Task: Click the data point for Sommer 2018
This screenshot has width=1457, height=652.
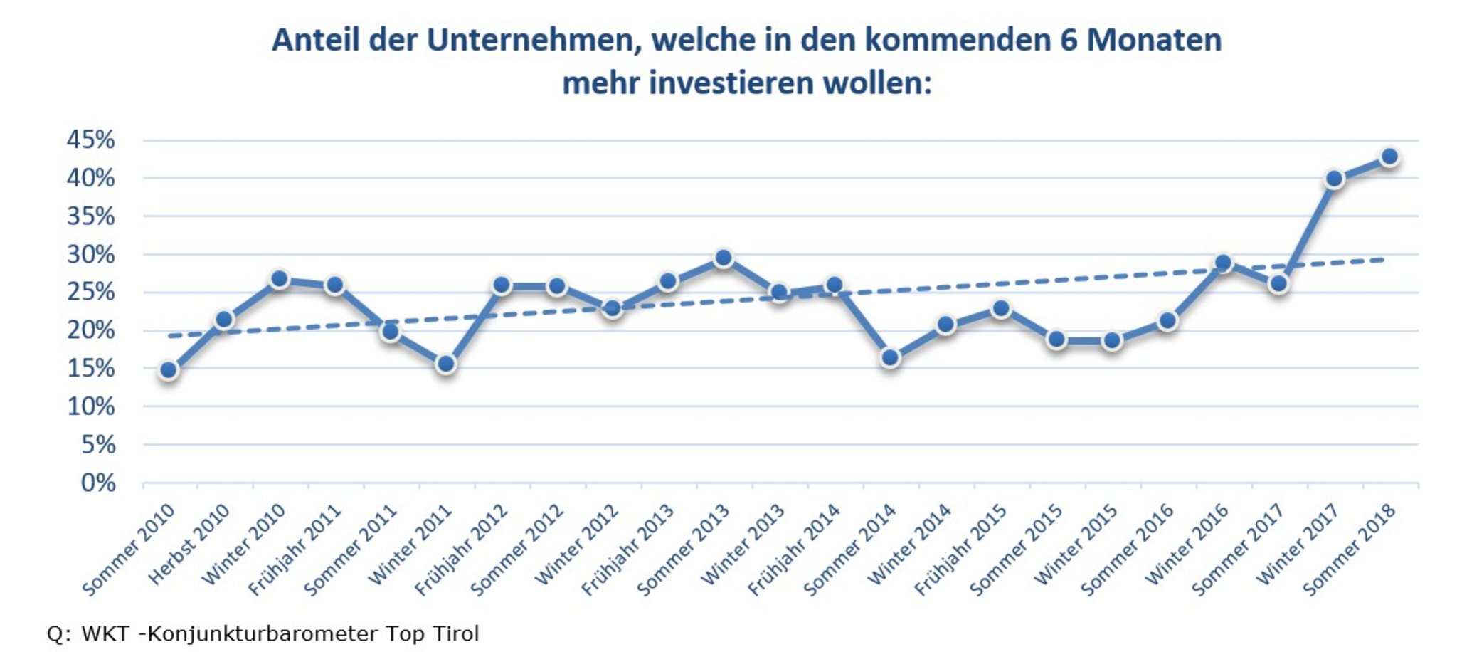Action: coord(1389,157)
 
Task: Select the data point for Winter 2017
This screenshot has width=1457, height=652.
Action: coord(1334,179)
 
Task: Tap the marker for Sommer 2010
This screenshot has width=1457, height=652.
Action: coord(169,369)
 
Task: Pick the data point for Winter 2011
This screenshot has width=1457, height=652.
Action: coord(446,364)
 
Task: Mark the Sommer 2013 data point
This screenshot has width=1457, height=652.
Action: coord(724,258)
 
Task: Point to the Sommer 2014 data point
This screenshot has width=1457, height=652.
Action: coord(890,357)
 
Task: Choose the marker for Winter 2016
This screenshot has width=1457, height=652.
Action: coord(1223,263)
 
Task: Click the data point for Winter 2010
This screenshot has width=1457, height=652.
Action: coord(280,279)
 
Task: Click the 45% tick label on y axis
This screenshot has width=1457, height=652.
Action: coord(91,140)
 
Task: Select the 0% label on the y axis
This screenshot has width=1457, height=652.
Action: coord(98,483)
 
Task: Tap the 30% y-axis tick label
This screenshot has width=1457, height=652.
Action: coord(91,254)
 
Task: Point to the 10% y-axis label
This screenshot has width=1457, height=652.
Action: coord(91,406)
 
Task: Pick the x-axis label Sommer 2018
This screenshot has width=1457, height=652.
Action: coord(1350,550)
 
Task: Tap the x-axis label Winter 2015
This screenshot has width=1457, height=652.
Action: coord(1076,545)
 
